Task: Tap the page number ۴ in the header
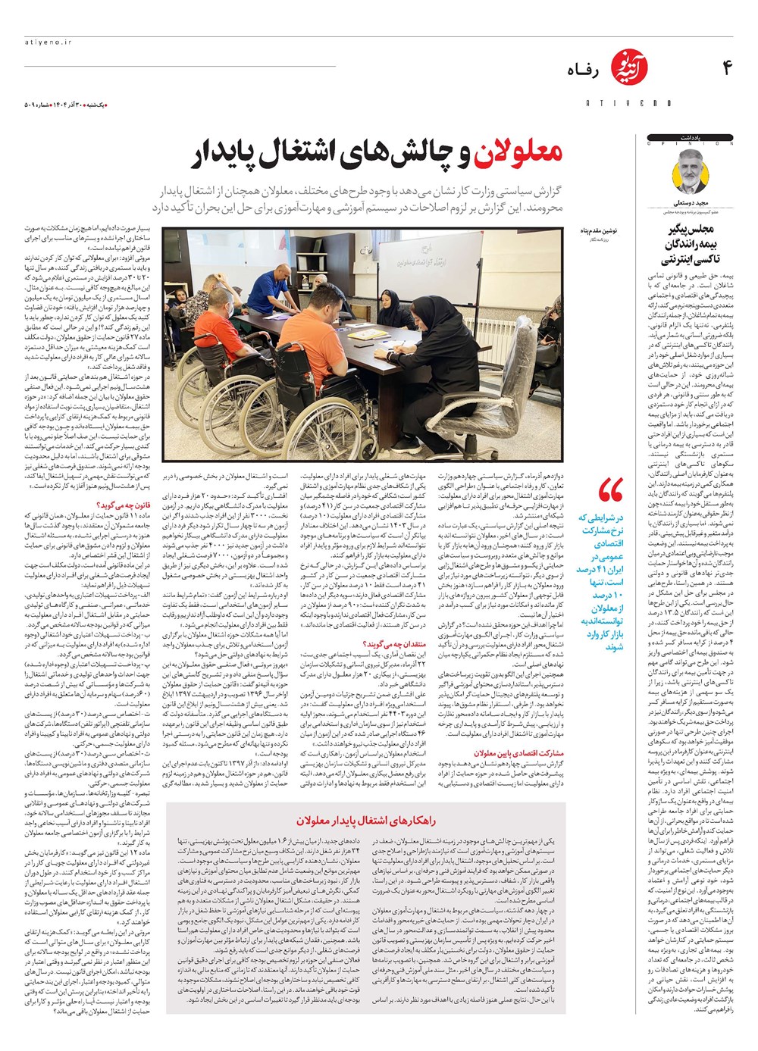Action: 727,68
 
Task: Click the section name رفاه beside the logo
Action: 584,71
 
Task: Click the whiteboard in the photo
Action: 432,261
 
